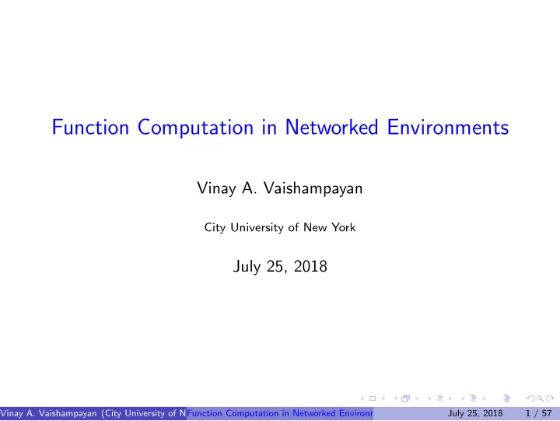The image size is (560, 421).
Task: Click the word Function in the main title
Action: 90,127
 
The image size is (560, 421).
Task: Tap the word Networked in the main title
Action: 331,127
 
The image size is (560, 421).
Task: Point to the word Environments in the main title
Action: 448,127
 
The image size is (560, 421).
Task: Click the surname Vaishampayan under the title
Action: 313,188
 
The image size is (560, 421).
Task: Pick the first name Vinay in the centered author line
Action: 216,188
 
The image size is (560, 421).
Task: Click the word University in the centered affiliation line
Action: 257,228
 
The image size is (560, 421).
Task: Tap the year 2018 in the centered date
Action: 310,266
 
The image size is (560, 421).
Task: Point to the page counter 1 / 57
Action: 538,413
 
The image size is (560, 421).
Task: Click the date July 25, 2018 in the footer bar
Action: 475,413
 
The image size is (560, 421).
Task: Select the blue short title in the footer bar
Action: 280,413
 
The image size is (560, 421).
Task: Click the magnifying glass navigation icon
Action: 541,398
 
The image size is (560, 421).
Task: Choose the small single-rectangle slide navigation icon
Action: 373,398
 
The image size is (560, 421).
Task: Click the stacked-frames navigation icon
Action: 405,398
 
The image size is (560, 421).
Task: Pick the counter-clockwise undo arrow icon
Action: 530,398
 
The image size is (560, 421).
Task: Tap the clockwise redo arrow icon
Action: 551,398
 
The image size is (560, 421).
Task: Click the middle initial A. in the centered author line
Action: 250,188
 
